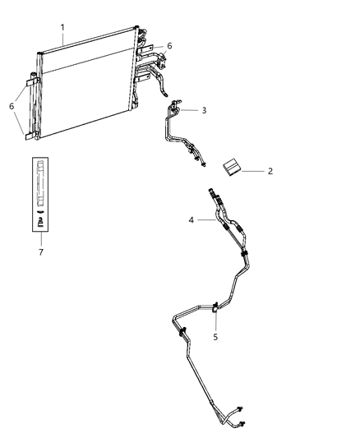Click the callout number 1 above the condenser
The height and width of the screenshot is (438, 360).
click(62, 27)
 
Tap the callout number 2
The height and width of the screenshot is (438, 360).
click(270, 172)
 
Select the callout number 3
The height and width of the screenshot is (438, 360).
click(203, 109)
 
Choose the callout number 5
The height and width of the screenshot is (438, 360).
click(216, 335)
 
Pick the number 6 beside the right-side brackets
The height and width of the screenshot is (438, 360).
click(169, 47)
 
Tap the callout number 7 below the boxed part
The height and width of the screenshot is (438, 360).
click(39, 252)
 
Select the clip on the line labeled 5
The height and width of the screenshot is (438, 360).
click(215, 307)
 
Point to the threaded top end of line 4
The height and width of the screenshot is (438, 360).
click(216, 194)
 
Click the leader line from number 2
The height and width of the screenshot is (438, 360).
click(253, 171)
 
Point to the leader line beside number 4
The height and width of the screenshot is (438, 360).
click(206, 219)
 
